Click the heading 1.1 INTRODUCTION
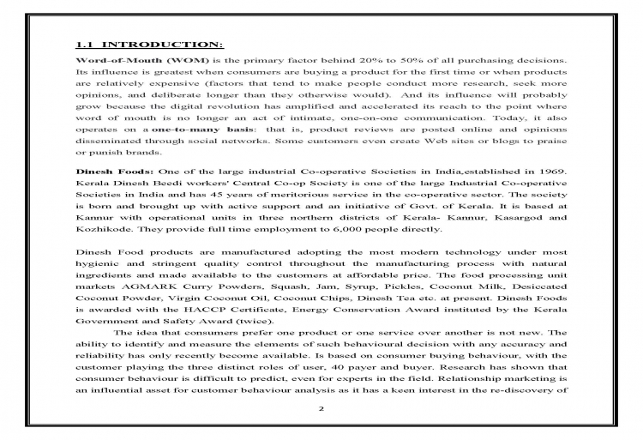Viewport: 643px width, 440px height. (149, 43)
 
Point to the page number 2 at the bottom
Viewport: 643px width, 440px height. (321, 408)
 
